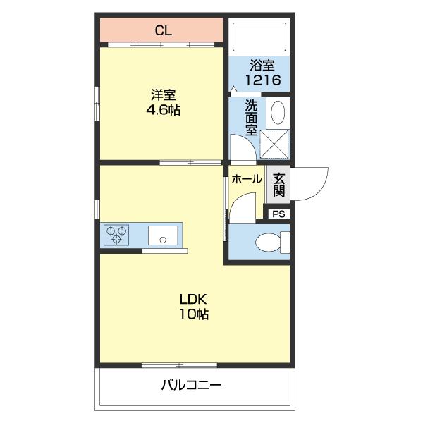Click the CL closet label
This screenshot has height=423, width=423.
[163, 31]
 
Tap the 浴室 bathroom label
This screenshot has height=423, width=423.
[262, 67]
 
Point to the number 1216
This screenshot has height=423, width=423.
[262, 80]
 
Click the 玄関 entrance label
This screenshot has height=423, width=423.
[279, 185]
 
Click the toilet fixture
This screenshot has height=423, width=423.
[271, 243]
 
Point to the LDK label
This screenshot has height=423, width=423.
[192, 298]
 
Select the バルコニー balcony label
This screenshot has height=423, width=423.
[191, 386]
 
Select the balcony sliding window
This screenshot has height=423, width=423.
[169, 365]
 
